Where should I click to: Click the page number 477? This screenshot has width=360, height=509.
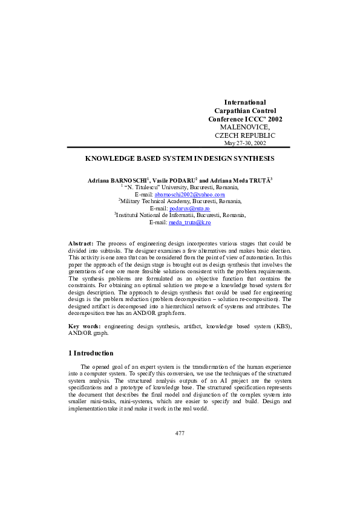180,433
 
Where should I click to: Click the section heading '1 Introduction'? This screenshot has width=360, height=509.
90,353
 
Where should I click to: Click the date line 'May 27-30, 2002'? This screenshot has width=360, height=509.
244,143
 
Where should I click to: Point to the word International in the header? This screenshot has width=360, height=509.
244,103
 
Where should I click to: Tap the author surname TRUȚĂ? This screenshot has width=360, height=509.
258,181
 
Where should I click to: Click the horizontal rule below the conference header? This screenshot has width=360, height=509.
178,147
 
